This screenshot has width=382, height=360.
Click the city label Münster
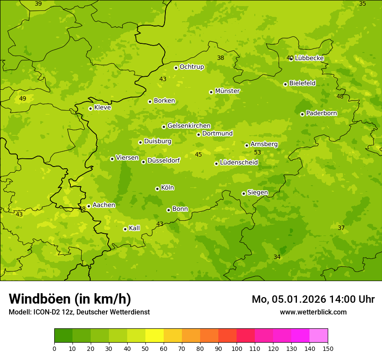[x=227, y=91]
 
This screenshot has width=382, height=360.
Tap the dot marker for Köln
[x=157, y=189]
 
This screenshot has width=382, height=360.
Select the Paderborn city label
[x=322, y=113]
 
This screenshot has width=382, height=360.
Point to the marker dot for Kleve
[x=90, y=108]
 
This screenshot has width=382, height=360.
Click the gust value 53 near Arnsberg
[x=257, y=152]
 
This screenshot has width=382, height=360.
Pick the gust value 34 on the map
[x=277, y=257]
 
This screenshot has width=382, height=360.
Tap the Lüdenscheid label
[x=239, y=163]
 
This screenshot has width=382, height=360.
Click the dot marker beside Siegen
[x=244, y=193]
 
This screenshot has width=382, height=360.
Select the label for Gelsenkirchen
[x=189, y=126]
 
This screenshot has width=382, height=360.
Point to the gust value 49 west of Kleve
[x=23, y=98]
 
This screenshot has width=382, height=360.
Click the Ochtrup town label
[x=192, y=67]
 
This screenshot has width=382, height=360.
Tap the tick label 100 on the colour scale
[x=237, y=348]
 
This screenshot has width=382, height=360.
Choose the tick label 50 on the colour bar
[x=145, y=348]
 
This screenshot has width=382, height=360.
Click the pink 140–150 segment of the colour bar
[x=319, y=336]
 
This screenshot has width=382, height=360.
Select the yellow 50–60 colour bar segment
[x=155, y=336]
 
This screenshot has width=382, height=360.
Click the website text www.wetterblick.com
[x=313, y=312]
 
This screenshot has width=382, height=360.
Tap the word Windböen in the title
[x=40, y=299]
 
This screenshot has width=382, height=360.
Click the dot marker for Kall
[x=125, y=229]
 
